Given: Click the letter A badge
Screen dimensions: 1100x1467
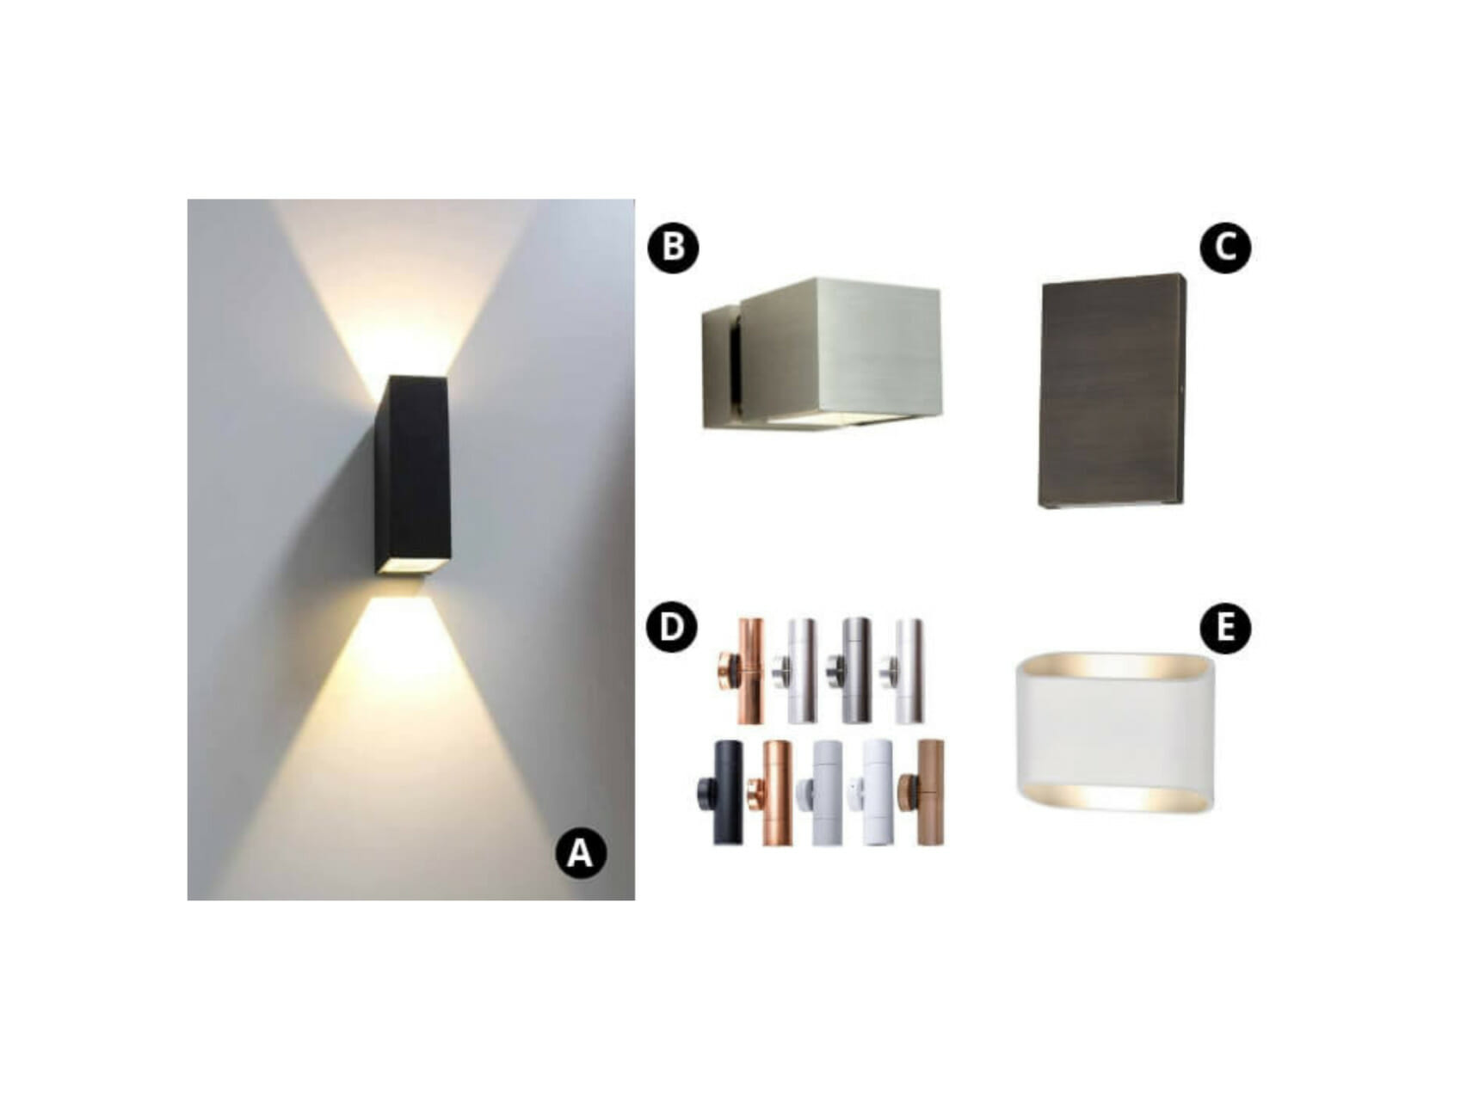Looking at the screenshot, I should pyautogui.click(x=581, y=853).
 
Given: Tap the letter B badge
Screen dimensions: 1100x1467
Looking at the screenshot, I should pyautogui.click(x=673, y=248).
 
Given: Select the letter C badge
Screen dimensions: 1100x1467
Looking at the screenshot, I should pyautogui.click(x=1224, y=248).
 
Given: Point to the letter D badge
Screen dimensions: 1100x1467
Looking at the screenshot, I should pyautogui.click(x=671, y=627).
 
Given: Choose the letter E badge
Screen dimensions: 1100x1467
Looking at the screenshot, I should pyautogui.click(x=1224, y=628).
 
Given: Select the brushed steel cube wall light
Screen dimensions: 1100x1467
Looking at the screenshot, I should pyautogui.click(x=839, y=353).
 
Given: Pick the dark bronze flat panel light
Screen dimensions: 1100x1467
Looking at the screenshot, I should pyautogui.click(x=1112, y=391).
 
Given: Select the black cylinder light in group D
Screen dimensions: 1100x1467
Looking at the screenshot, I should pyautogui.click(x=728, y=791).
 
